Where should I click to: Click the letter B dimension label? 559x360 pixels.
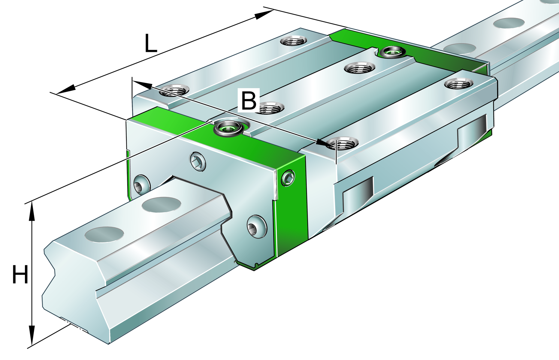249,100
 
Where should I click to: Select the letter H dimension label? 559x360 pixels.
20,274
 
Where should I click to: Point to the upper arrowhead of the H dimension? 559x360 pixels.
32,211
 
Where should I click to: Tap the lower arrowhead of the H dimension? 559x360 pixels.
32,336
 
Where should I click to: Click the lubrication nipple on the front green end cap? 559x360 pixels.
228,128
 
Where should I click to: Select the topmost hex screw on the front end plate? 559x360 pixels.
198,162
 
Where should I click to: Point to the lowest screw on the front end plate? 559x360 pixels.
257,227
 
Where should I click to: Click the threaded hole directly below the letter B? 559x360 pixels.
271,108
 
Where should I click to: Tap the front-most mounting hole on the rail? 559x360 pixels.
104,235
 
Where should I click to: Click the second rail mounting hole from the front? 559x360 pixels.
162,205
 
